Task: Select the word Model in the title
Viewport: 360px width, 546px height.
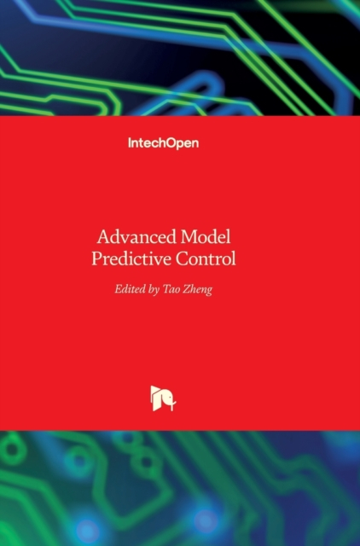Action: click(x=206, y=237)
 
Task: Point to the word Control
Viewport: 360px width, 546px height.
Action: click(x=206, y=258)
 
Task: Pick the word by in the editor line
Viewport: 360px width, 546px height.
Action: click(x=154, y=290)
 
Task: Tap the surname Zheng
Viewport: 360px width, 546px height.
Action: click(x=198, y=290)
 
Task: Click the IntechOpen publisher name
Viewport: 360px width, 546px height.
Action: click(x=164, y=143)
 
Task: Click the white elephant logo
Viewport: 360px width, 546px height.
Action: click(x=163, y=398)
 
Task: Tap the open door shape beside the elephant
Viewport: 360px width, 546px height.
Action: click(x=155, y=398)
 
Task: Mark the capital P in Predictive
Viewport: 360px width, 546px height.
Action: click(x=96, y=259)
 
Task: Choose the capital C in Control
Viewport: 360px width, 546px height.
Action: click(x=182, y=259)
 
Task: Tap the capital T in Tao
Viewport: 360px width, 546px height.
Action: click(x=167, y=289)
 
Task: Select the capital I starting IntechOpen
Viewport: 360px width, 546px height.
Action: click(x=129, y=142)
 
